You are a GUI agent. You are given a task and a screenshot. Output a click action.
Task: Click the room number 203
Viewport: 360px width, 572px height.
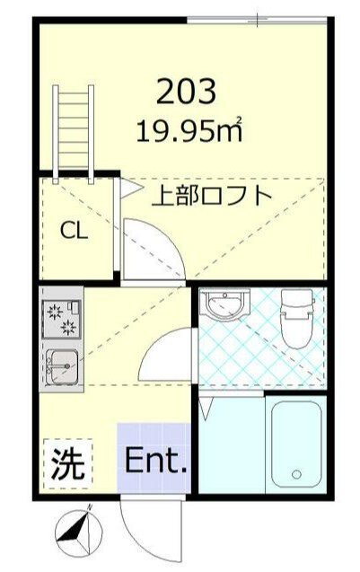(x=186, y=91)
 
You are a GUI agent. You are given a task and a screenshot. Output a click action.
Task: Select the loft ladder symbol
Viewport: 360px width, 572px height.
(x=74, y=135)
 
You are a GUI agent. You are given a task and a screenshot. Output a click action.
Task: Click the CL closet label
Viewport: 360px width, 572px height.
(x=74, y=231)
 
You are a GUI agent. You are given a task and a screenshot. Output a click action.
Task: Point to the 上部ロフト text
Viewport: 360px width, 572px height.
(x=212, y=196)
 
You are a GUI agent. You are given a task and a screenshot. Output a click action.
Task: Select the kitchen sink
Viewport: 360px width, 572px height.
(x=61, y=367)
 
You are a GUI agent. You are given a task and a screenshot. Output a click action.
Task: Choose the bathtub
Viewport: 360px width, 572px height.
(x=296, y=444)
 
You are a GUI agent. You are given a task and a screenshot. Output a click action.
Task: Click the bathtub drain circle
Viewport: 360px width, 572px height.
(x=296, y=474)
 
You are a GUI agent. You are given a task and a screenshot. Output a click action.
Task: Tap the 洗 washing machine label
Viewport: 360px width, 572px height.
(x=67, y=463)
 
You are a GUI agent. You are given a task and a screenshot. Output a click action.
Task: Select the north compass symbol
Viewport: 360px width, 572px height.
(x=79, y=532)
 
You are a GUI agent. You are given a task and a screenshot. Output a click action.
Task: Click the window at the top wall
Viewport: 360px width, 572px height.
(x=256, y=20)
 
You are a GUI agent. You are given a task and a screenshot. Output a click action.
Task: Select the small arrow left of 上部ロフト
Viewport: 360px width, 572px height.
(x=131, y=189)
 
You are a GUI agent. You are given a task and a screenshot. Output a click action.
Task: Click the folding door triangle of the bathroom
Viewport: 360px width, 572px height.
(x=206, y=409)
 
